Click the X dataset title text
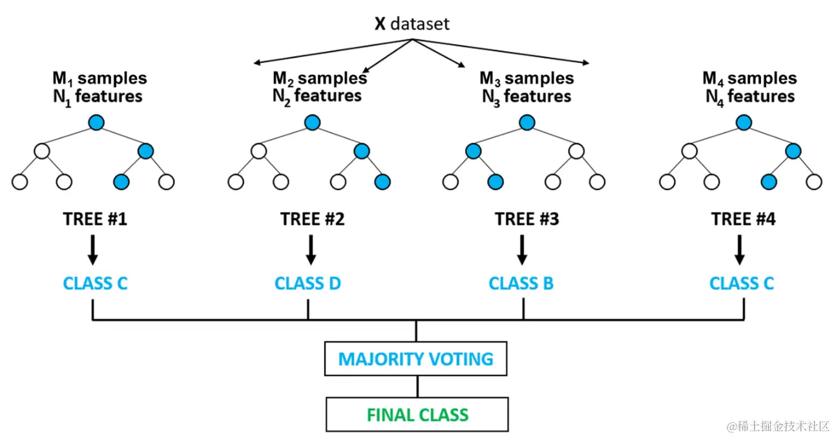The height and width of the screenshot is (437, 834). (x=412, y=24)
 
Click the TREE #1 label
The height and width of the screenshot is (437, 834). (x=95, y=219)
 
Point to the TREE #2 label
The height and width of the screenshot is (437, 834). (x=313, y=219)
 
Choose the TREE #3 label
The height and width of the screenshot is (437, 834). (x=527, y=219)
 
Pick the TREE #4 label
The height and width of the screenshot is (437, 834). (x=744, y=219)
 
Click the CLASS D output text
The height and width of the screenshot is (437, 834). (x=308, y=284)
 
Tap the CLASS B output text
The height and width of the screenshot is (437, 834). (x=521, y=284)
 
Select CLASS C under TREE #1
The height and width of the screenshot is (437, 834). (x=95, y=284)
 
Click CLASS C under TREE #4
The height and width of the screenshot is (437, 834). (x=741, y=284)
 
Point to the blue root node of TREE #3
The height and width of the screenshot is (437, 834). (x=527, y=123)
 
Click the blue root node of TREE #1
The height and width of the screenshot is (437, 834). (x=96, y=123)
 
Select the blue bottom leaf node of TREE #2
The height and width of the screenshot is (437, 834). (x=382, y=182)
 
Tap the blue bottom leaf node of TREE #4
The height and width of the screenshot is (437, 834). (x=769, y=182)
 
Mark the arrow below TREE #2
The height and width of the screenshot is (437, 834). (x=311, y=250)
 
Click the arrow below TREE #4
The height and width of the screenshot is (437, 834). (x=740, y=250)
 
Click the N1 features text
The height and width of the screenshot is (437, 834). (x=98, y=97)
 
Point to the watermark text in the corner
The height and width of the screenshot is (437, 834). (x=778, y=426)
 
